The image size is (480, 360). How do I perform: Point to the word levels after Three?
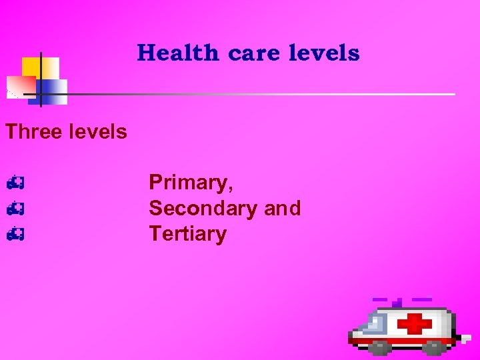97,131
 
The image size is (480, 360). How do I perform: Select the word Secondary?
203,208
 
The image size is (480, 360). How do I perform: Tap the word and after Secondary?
283,208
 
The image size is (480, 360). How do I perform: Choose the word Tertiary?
187,234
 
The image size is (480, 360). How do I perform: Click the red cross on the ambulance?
415,325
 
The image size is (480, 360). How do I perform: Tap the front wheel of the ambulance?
380,347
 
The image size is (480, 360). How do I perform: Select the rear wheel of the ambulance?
433,347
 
